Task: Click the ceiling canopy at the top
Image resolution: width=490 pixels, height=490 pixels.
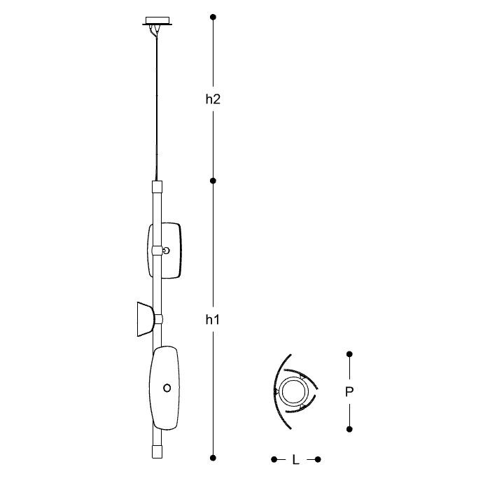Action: [x=157, y=20]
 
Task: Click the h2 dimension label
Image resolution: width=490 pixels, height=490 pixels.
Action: [x=213, y=99]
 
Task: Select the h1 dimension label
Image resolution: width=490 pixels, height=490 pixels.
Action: [x=213, y=320]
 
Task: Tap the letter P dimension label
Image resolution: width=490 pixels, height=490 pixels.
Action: [x=349, y=393]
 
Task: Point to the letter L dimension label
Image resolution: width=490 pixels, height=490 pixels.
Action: [x=296, y=460]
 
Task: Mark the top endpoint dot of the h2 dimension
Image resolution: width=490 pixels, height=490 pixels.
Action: [x=213, y=16]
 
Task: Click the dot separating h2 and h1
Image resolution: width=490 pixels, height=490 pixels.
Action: [x=213, y=181]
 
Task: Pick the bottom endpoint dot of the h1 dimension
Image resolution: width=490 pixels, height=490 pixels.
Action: [x=213, y=457]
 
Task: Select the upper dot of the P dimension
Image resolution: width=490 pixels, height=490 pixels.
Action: [x=349, y=355]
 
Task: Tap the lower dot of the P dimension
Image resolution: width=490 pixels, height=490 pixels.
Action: [x=349, y=428]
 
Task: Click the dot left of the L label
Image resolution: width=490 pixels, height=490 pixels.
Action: [x=274, y=459]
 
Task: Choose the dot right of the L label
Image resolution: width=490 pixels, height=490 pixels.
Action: [x=318, y=459]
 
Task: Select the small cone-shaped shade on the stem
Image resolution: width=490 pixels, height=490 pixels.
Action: [x=146, y=318]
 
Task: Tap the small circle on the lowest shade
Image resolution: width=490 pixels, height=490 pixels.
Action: [x=167, y=387]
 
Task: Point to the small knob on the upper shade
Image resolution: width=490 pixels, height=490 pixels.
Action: [x=166, y=250]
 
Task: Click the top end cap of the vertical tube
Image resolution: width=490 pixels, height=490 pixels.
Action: [x=157, y=186]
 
